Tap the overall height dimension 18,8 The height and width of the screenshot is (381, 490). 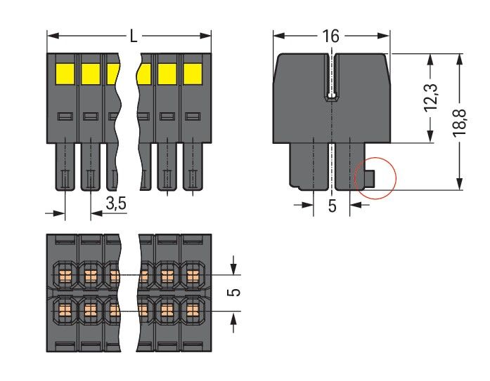465,121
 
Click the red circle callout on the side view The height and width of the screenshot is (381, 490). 375,177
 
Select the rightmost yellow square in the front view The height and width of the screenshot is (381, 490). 191,73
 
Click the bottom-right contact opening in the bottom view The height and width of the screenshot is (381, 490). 192,309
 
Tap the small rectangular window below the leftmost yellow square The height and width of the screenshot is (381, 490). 65,116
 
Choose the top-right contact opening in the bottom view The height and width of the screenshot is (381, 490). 192,272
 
